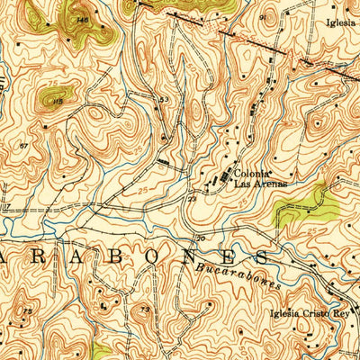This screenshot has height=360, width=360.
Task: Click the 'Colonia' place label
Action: click(x=252, y=173)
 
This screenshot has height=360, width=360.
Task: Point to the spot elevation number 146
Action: click(x=83, y=19)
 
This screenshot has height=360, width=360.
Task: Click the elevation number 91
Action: click(x=264, y=16)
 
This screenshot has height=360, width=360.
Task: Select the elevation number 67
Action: click(x=24, y=144)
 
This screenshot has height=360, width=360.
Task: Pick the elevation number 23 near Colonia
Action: click(x=193, y=200)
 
